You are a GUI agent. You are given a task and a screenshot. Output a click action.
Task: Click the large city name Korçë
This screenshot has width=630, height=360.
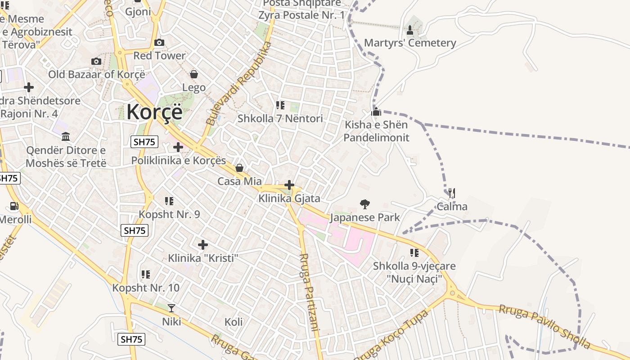tap(154, 112)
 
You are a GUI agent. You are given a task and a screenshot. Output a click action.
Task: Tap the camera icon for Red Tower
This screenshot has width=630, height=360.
tap(159, 43)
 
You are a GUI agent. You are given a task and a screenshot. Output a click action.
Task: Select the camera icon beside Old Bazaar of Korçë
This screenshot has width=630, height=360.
tap(96, 62)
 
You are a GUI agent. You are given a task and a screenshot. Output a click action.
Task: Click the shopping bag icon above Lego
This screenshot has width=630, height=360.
tap(194, 74)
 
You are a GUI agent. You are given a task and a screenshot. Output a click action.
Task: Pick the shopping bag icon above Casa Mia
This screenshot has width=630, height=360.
tap(239, 168)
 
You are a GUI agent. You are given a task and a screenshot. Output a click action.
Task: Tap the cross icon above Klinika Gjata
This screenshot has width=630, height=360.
tap(289, 185)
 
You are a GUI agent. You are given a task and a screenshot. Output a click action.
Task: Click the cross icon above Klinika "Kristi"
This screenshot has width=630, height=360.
tap(203, 245)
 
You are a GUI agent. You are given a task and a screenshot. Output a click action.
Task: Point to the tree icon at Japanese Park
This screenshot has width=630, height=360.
tap(364, 204)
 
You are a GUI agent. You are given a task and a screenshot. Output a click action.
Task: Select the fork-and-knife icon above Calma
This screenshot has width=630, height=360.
tap(452, 193)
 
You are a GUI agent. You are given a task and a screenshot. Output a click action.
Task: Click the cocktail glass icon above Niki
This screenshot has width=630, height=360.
tap(171, 308)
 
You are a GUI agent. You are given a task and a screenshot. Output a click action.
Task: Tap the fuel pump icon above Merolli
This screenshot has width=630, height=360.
tap(14, 206)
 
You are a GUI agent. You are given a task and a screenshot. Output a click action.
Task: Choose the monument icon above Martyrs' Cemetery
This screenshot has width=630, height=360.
tap(410, 30)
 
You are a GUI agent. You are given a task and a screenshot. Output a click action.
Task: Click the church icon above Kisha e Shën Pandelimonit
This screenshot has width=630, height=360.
tap(376, 111)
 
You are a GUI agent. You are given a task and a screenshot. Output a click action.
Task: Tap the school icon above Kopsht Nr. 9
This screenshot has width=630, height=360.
tap(169, 201)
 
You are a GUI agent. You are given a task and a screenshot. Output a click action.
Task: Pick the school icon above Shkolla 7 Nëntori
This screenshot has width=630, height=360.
tap(280, 105)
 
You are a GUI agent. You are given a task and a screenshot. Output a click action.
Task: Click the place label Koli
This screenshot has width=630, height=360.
tap(234, 322)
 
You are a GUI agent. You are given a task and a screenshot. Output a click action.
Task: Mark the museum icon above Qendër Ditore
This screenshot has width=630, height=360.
tap(66, 136)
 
